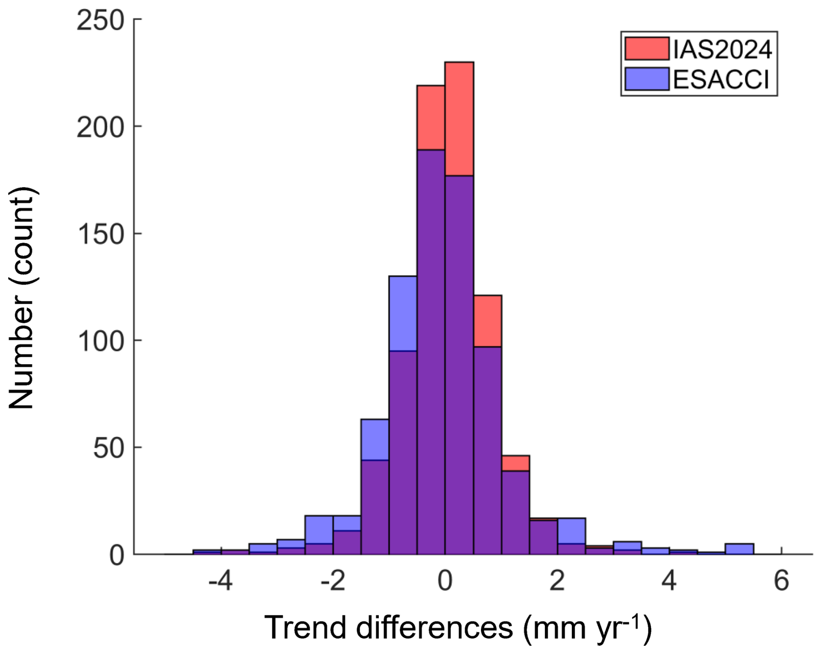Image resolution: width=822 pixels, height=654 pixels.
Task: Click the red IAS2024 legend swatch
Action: point(647,48)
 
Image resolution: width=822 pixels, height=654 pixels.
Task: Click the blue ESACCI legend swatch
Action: point(647,79)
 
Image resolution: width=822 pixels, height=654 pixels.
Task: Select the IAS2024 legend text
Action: point(723,49)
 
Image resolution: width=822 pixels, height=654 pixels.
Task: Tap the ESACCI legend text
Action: point(721,80)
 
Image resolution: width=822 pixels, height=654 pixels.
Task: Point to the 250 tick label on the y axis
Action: point(100,20)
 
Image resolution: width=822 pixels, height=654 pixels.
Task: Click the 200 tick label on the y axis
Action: point(100,127)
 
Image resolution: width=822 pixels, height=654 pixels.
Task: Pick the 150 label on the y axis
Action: point(100,234)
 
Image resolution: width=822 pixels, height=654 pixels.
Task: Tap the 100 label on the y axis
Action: point(100,341)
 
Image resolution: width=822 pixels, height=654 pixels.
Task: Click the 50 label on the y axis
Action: point(109,448)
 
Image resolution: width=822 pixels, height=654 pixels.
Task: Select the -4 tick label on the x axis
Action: point(221,580)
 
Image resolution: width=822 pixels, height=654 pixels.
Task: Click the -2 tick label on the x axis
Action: point(333,580)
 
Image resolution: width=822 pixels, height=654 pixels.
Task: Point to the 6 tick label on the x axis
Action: point(781,580)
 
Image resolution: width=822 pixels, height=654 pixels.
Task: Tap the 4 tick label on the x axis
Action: point(669,580)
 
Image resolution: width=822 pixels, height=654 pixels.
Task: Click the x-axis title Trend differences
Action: point(388,627)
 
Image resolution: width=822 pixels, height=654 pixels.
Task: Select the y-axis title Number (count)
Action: point(21,298)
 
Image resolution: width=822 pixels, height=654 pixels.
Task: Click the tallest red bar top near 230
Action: point(459,62)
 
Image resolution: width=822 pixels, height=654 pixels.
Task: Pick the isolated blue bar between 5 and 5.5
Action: point(739,549)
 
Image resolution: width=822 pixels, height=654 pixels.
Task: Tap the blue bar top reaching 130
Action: point(403,276)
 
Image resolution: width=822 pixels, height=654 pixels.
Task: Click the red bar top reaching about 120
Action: point(487,295)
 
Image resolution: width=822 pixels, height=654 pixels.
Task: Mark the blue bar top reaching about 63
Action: point(375,419)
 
